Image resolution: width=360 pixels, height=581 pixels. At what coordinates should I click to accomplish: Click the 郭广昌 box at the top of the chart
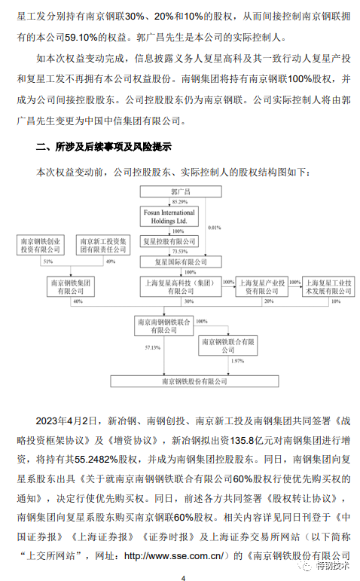(x=181, y=191)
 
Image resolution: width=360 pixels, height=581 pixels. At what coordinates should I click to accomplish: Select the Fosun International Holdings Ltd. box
(x=169, y=217)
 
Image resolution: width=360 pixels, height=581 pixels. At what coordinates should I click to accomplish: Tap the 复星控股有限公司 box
(x=169, y=242)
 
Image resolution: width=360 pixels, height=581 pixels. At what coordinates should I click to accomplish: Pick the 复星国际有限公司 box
(x=181, y=262)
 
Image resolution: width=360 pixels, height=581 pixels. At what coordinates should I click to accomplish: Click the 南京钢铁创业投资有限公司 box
(x=41, y=246)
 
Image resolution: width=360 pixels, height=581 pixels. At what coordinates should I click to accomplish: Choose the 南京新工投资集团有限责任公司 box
(x=103, y=246)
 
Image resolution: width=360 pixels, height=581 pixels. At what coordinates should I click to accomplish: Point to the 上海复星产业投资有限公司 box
(x=262, y=287)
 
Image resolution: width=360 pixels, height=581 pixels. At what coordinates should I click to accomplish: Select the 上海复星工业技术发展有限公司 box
(x=328, y=287)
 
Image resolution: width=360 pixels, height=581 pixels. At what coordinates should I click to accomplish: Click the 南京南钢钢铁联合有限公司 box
(x=163, y=326)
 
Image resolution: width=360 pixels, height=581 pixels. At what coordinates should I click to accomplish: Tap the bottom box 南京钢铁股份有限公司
(x=194, y=381)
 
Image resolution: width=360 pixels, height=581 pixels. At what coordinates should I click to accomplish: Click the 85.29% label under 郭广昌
(x=180, y=202)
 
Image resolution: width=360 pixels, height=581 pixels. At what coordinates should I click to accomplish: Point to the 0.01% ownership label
(x=214, y=228)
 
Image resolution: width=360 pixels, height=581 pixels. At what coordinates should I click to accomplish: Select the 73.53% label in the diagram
(x=180, y=252)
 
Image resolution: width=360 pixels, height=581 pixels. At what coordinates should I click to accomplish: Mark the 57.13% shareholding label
(x=153, y=347)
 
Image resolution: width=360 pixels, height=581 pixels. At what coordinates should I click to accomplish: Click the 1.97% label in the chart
(x=237, y=361)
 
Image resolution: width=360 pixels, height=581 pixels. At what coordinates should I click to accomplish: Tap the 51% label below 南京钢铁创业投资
(x=48, y=261)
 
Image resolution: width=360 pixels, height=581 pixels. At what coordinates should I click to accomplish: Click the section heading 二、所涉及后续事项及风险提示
(x=103, y=147)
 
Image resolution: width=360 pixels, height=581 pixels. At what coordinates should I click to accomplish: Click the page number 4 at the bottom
(x=183, y=578)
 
